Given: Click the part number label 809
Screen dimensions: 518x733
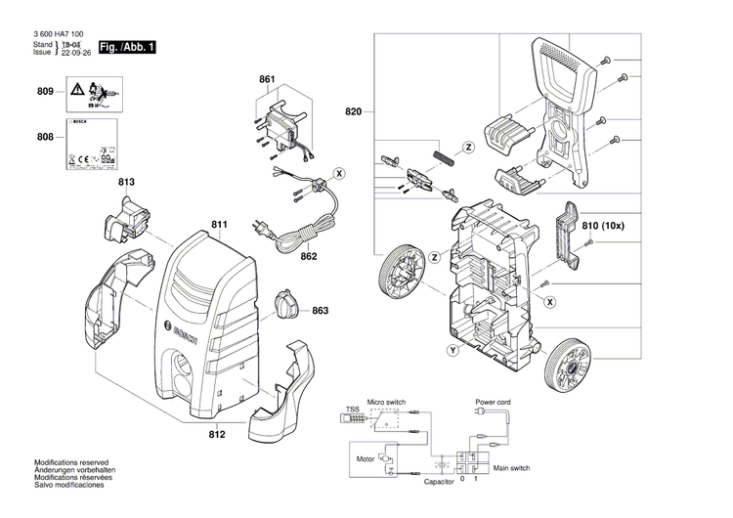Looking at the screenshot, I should [45, 92].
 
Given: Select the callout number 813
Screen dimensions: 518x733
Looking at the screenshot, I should [127, 182].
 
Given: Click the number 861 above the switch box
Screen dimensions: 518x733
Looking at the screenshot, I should [267, 78].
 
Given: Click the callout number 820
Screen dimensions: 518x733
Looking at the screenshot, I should [353, 112].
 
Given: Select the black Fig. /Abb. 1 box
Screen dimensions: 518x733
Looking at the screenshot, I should [127, 47].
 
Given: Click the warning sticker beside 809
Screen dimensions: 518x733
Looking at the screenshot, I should [92, 96].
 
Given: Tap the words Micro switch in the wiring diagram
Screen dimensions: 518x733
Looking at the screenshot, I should [386, 402].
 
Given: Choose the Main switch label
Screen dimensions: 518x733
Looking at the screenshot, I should [512, 468].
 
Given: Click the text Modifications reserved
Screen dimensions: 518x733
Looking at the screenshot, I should [71, 462].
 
